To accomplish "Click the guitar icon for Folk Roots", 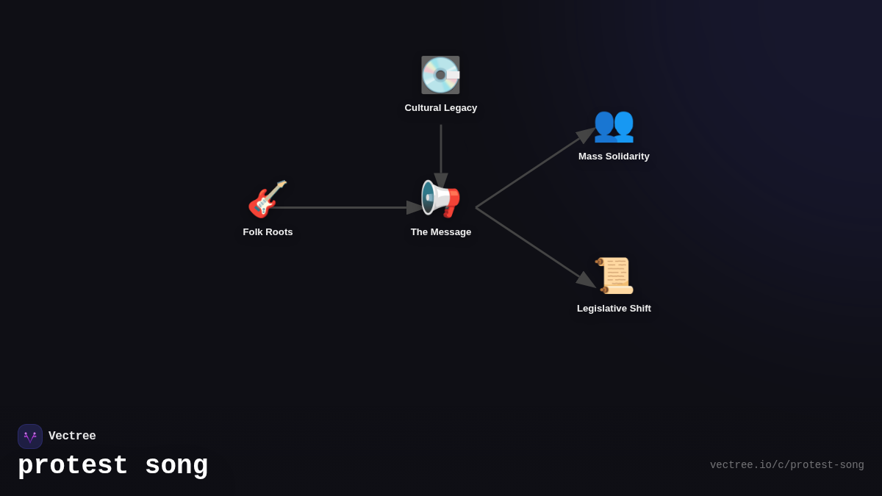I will pos(267,199).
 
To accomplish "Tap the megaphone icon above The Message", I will pos(440,199).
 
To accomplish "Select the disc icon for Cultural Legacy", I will pos(440,75).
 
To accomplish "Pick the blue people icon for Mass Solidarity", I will pos(614,124).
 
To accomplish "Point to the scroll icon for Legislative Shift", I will pos(614,276).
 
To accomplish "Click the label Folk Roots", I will pos(268,232).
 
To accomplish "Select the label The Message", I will pos(441,232).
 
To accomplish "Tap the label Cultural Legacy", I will pos(441,108).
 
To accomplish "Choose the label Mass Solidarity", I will pos(614,157).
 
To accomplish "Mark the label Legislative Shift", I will pos(614,309).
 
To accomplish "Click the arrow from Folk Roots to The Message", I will pos(345,207).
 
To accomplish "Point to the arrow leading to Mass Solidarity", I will pos(535,168).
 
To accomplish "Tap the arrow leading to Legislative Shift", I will pos(535,247).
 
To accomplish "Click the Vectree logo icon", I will pos(30,436).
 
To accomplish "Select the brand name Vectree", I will pos(72,436).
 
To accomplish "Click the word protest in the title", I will pos(73,466).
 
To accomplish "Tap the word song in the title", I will pos(176,466).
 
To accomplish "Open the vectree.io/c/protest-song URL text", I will pos(786,465).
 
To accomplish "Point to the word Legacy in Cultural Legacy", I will pos(460,108).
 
